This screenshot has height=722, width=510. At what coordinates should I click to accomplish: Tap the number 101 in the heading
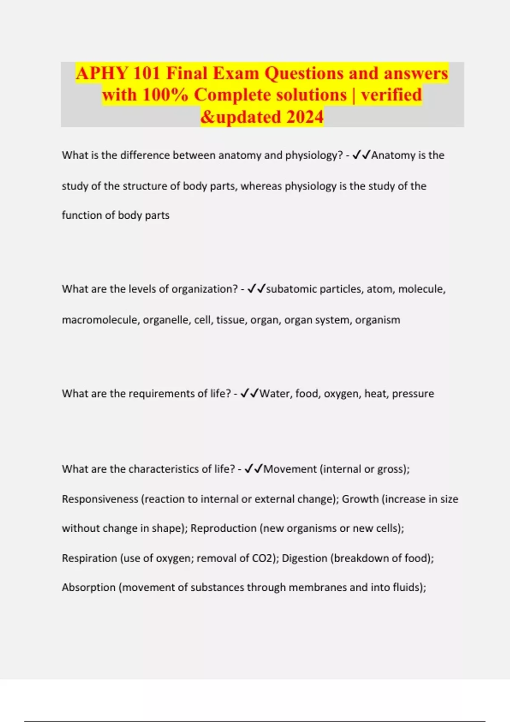click(146, 73)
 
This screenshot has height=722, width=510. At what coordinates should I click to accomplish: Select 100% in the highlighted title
click(165, 95)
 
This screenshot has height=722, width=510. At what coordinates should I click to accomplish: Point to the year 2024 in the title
click(305, 117)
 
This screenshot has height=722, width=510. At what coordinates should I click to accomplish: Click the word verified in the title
click(391, 95)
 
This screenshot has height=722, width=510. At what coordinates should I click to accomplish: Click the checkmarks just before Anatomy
click(361, 155)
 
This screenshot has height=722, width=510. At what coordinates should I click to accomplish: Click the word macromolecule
click(100, 320)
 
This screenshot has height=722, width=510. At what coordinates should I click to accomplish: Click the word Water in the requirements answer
click(275, 394)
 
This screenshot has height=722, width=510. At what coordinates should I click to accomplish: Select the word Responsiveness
click(100, 499)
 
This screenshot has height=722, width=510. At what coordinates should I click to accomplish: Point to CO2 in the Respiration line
click(264, 558)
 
